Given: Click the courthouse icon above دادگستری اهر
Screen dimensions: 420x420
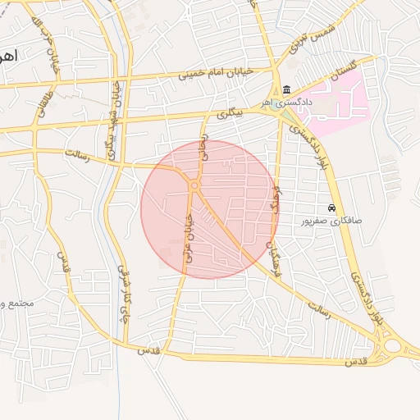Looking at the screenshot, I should point(285,89).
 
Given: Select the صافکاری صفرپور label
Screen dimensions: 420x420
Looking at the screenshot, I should point(331,221).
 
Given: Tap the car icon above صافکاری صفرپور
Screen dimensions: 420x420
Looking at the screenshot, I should point(331,208).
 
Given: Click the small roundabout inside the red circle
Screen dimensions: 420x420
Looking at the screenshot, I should point(194,186).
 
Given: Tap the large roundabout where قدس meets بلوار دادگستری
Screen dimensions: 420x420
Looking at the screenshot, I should point(392,345).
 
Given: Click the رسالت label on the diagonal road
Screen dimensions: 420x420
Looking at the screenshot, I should point(319,309).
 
